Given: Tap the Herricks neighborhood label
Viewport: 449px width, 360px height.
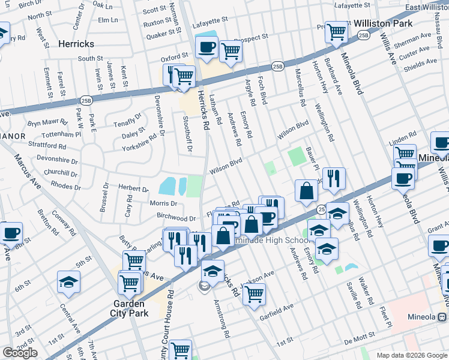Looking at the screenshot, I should point(77,44).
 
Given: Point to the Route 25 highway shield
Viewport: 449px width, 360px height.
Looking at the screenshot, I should point(321,208).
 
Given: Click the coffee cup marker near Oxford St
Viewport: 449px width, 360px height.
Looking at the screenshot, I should point(207,46).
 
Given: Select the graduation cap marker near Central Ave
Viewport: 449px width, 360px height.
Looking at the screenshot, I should point(69,282).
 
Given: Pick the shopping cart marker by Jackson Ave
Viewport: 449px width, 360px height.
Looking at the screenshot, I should point(255,294).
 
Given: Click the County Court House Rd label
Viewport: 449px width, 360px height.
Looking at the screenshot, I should point(170,323).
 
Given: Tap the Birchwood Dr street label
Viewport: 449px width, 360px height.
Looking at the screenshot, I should point(176,218).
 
